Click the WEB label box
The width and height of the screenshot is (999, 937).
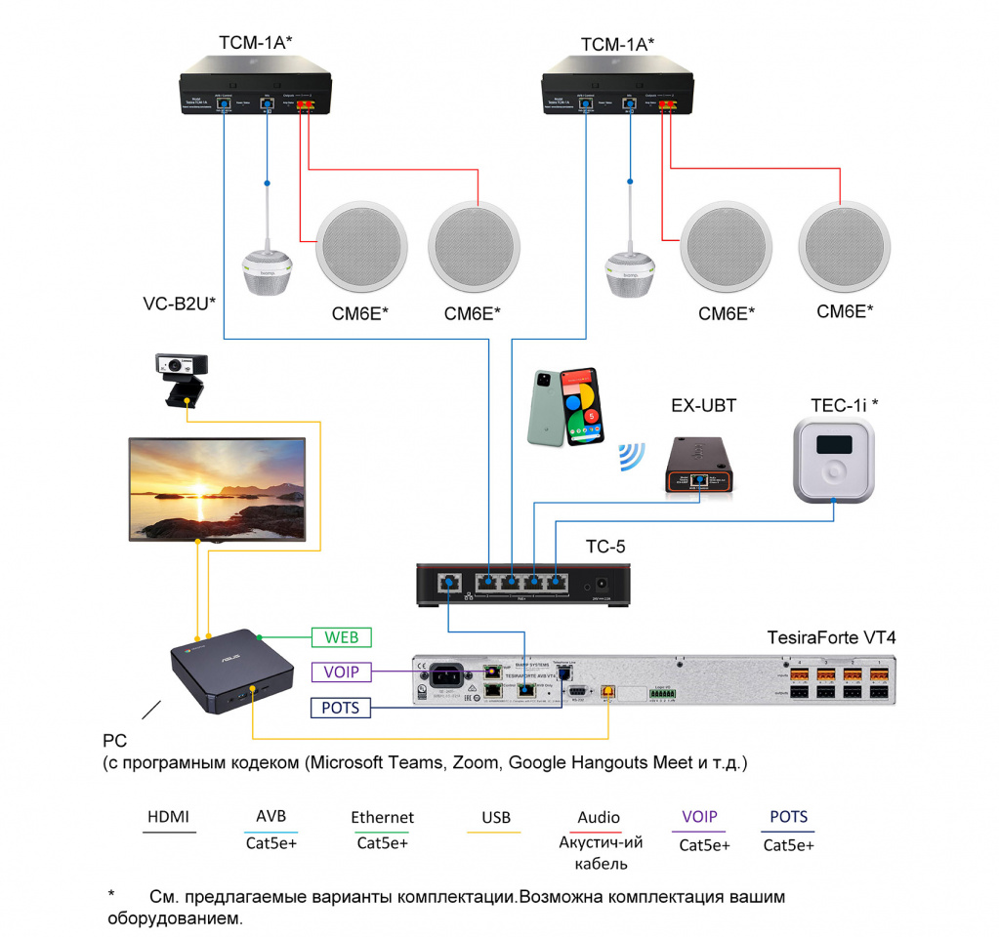(x=341, y=638)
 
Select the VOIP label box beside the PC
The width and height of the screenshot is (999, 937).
(x=341, y=672)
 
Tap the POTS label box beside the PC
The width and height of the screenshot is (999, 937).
(x=341, y=708)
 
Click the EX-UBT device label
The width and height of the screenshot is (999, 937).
(x=703, y=405)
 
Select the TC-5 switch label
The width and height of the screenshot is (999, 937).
(x=605, y=547)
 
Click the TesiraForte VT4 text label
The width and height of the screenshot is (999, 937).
(x=830, y=638)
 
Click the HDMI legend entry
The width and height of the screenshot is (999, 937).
(x=169, y=817)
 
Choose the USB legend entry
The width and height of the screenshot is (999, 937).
(x=495, y=818)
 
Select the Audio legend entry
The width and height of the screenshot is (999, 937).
(x=599, y=818)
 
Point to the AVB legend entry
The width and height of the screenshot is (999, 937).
(x=271, y=817)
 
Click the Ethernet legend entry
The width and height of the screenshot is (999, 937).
(x=383, y=817)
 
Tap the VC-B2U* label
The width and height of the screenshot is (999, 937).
(x=179, y=304)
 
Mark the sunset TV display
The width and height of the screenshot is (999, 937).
(x=218, y=488)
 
